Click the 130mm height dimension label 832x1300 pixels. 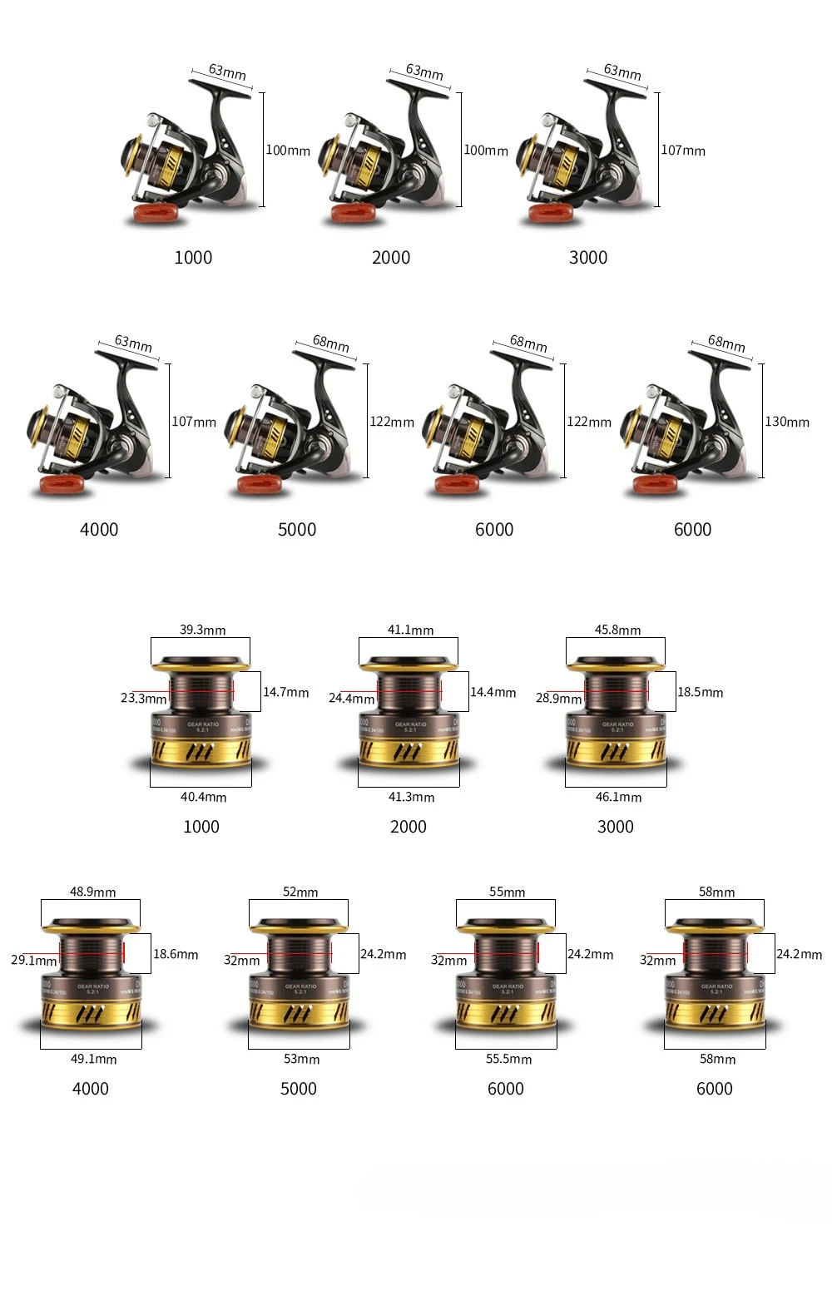click(x=786, y=422)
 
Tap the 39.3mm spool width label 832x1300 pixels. click(x=202, y=630)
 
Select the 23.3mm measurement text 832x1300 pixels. click(x=143, y=698)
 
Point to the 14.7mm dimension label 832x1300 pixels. click(x=285, y=692)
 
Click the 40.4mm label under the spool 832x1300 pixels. click(x=203, y=797)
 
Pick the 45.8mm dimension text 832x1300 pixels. click(x=617, y=630)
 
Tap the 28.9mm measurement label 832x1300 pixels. click(x=558, y=698)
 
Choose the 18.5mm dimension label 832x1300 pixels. click(x=700, y=692)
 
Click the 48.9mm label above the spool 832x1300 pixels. click(x=92, y=892)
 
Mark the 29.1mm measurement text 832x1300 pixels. click(x=34, y=960)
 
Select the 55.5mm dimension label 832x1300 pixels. click(x=508, y=1059)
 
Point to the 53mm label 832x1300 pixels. click(x=301, y=1059)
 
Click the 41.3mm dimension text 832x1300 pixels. click(x=411, y=797)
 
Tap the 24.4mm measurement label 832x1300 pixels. click(x=351, y=698)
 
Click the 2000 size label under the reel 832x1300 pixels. click(x=391, y=257)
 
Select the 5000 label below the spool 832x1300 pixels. click(x=298, y=1089)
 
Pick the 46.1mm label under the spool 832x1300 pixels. click(x=618, y=797)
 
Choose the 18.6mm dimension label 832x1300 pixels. click(x=176, y=954)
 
